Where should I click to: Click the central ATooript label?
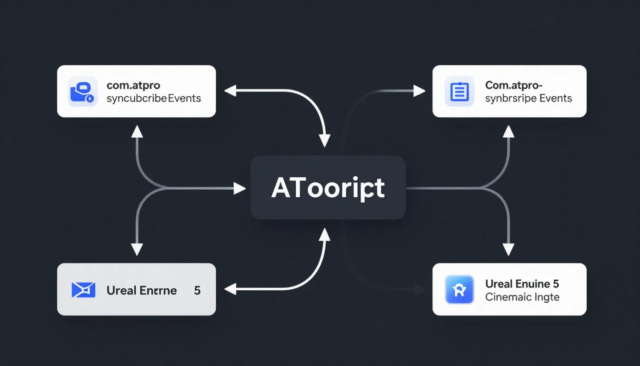328,189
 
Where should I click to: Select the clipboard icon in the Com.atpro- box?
460,91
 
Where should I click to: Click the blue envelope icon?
83,290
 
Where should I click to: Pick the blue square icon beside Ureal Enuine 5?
460,289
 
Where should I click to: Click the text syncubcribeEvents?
154,98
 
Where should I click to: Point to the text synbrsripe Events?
529,98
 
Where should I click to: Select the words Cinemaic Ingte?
522,297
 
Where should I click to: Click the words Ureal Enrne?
141,290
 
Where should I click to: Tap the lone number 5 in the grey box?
197,290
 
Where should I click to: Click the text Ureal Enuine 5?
522,284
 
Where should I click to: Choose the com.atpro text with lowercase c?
133,86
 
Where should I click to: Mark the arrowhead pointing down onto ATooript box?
324,141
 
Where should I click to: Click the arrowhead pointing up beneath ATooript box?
324,234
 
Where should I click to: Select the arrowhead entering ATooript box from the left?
240,189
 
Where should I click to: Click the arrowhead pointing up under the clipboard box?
509,132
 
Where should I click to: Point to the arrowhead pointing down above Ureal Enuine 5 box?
509,249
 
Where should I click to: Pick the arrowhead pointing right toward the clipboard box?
419,91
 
